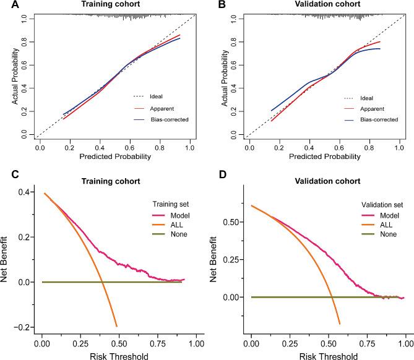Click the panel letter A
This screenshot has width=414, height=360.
[6, 6]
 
